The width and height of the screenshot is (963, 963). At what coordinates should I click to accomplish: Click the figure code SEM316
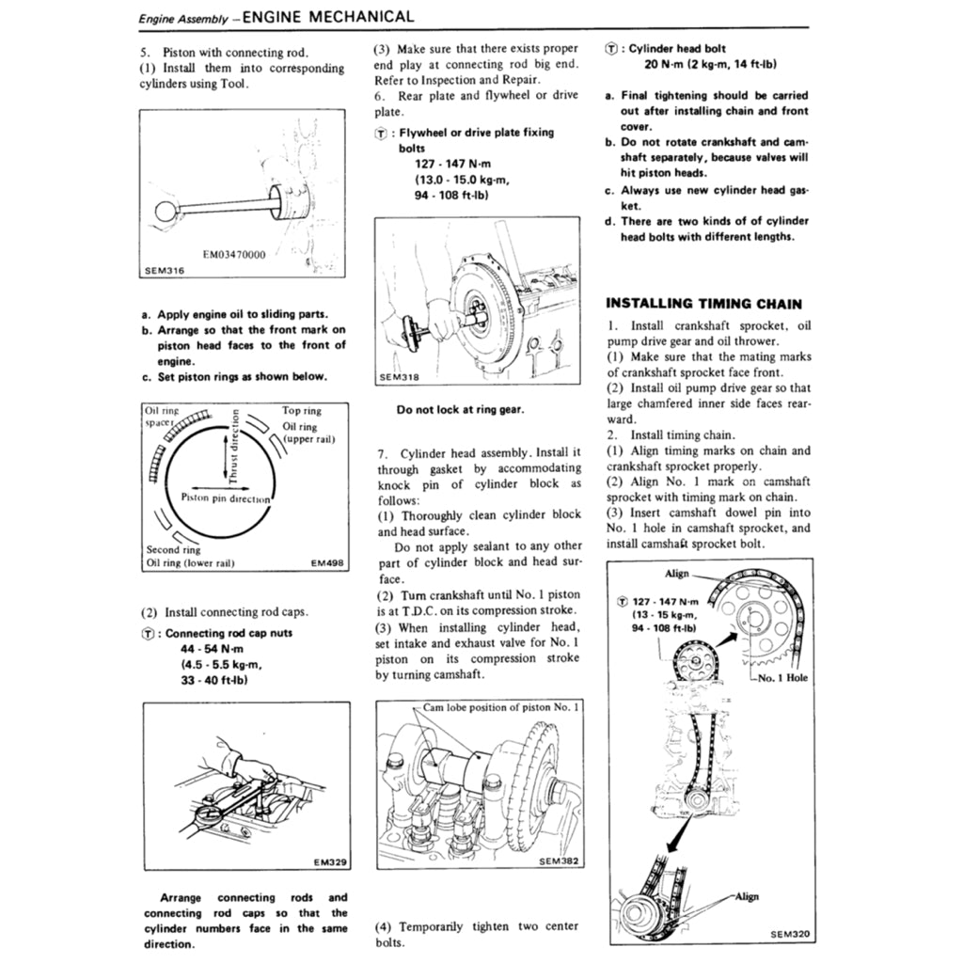click(x=165, y=270)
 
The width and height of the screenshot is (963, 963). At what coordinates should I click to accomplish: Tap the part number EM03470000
click(x=234, y=254)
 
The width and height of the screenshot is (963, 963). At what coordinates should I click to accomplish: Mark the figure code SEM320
click(x=789, y=934)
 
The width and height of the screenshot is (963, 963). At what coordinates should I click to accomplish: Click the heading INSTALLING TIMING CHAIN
click(x=703, y=303)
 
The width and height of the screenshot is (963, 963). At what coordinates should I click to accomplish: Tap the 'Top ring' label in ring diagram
click(x=301, y=411)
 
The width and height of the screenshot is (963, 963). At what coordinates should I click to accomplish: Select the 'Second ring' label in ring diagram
click(x=173, y=549)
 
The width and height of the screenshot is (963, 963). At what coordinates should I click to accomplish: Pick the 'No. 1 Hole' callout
click(x=781, y=677)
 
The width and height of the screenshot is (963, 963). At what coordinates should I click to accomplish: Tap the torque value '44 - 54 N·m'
click(x=213, y=649)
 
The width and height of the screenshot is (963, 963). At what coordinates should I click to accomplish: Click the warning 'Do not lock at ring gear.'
click(x=460, y=409)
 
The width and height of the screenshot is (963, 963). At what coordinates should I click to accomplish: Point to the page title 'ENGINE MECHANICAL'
click(x=327, y=16)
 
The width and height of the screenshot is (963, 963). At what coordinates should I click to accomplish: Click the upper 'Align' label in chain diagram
click(x=676, y=573)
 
